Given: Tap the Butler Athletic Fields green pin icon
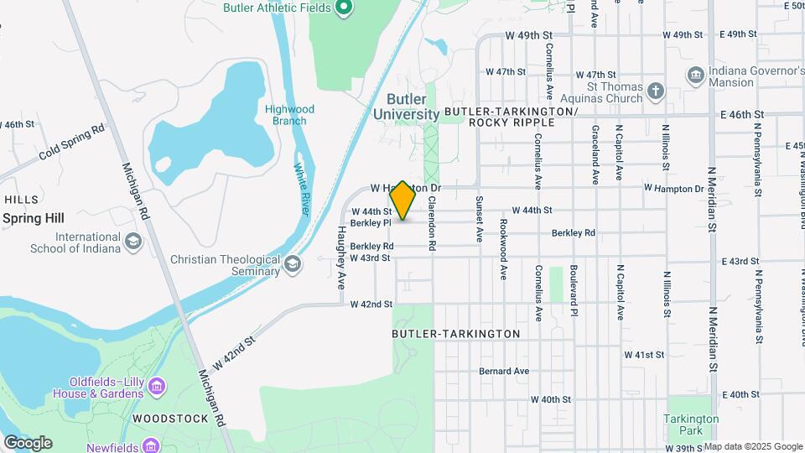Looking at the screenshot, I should [x=343, y=8].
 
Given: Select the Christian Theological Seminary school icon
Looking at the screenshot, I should [x=293, y=265].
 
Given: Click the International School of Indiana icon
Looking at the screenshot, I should [x=132, y=242].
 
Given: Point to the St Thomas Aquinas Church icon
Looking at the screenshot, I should [x=657, y=89].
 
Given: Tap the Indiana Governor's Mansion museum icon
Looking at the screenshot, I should [x=695, y=76].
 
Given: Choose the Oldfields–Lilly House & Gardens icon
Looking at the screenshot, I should [x=157, y=387].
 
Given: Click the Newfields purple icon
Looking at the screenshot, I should [x=150, y=445].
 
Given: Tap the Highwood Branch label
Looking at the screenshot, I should [x=289, y=115].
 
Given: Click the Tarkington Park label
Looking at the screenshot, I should [x=691, y=424].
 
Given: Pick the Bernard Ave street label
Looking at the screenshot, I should [x=504, y=371].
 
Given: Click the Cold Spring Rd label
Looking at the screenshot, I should [x=72, y=143].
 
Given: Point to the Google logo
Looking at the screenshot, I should [x=28, y=443].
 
